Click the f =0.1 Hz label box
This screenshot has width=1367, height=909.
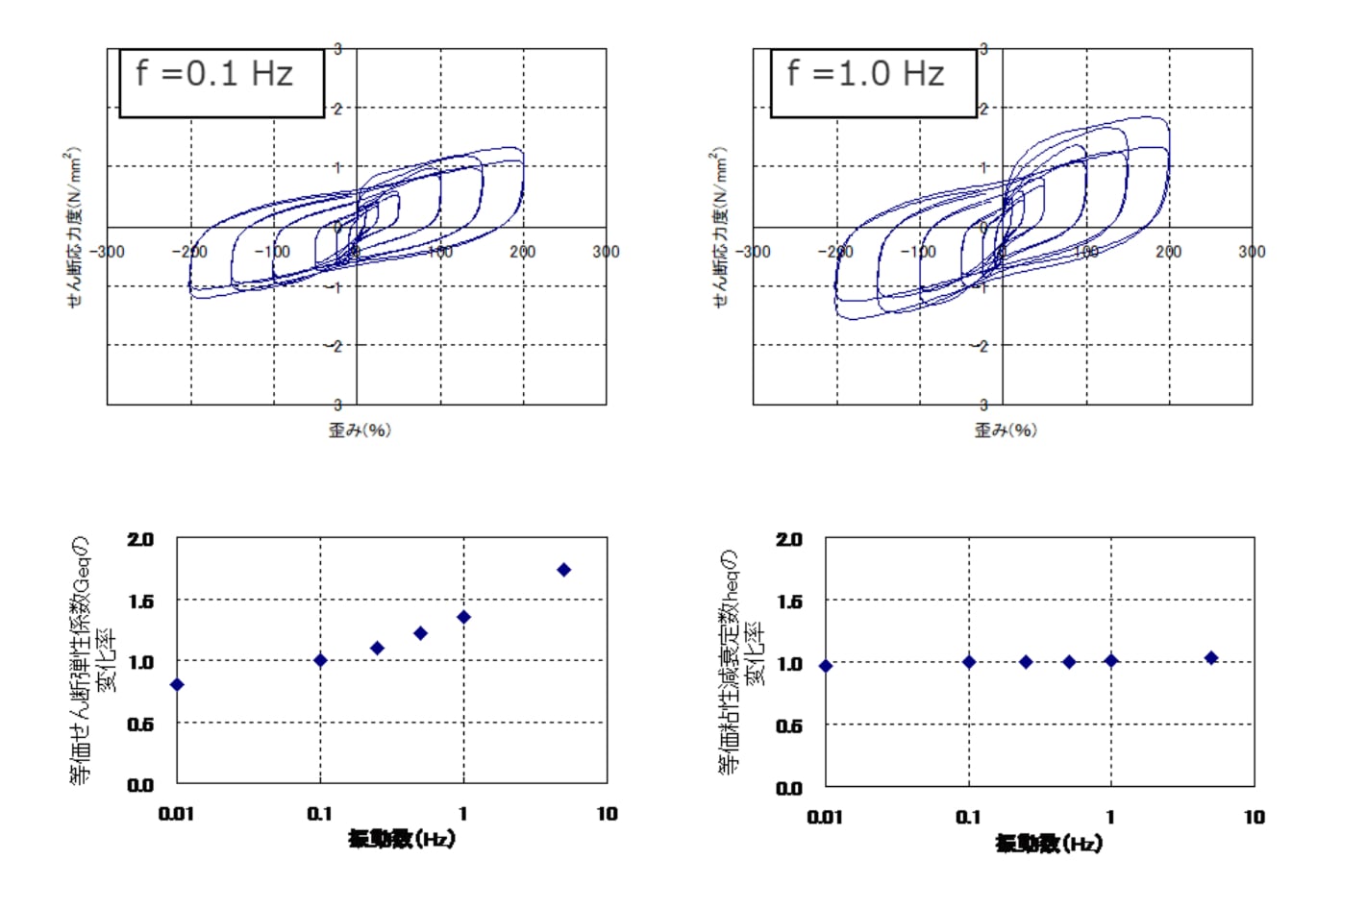point(221,83)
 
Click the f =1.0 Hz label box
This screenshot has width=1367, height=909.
point(873,83)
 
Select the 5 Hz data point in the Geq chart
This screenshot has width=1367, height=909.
point(564,570)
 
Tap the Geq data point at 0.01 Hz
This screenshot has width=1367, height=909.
point(177,684)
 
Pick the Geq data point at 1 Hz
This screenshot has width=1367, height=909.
point(463,617)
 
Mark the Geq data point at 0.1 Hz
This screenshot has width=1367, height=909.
point(320,660)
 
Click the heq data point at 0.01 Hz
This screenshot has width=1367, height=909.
point(826,665)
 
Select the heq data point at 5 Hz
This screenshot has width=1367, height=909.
point(1211,658)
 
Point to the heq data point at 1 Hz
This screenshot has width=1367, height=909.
point(1111,660)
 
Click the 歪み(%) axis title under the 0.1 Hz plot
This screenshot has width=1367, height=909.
point(360,430)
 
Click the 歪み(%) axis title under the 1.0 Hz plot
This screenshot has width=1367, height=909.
point(1006,430)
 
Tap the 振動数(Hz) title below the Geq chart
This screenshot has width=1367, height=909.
point(401,839)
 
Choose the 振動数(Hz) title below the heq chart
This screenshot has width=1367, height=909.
point(1049,843)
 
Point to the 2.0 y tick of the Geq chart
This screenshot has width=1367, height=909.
point(140,539)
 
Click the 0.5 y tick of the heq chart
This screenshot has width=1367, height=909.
point(788,726)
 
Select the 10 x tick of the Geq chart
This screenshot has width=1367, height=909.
point(607,814)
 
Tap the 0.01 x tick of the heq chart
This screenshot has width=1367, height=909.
point(825,817)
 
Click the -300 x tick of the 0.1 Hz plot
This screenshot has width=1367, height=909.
point(108,252)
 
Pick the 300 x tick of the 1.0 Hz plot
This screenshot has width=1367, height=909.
point(1252,252)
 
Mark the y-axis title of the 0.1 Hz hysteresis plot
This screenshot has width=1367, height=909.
point(74,227)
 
